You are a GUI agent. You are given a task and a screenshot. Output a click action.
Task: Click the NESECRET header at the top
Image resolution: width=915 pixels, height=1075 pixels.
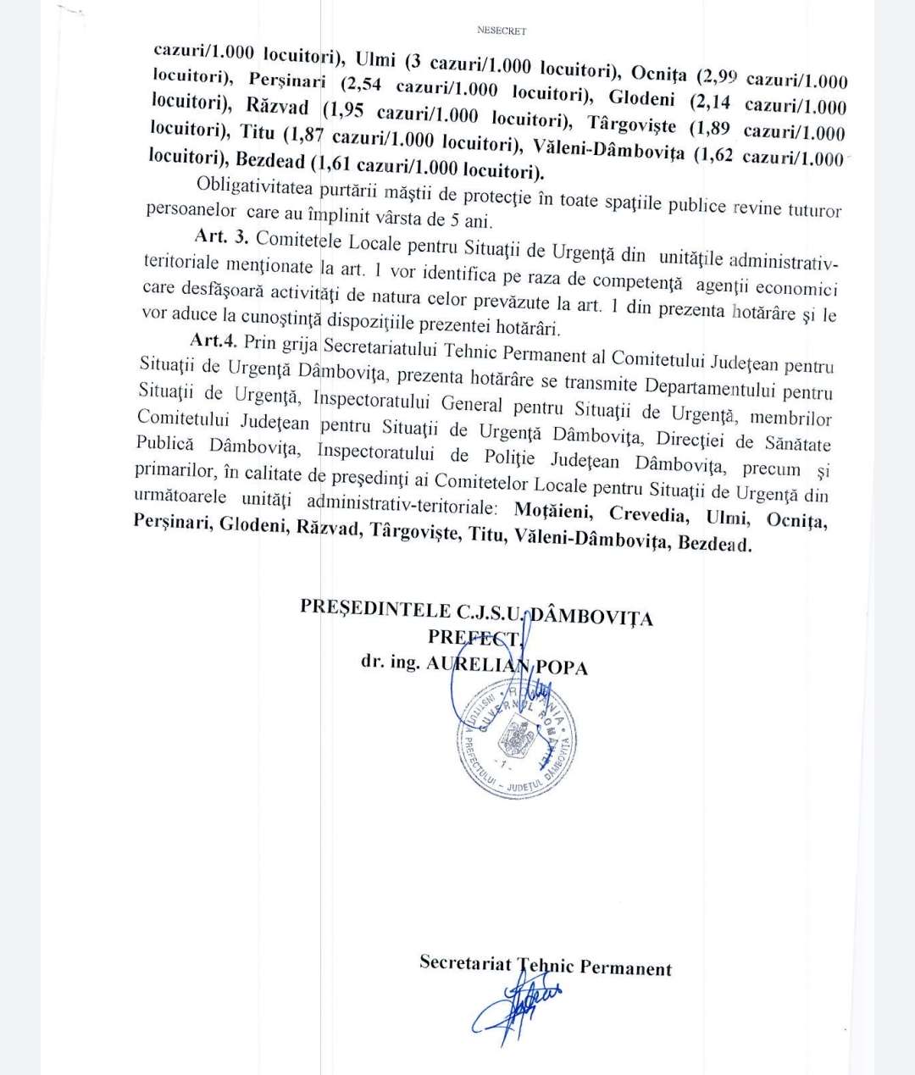point(502,30)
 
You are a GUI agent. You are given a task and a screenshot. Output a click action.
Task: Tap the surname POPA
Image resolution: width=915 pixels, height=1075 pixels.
point(558,667)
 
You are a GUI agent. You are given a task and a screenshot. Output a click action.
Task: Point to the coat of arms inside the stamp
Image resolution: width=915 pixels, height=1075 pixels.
point(514,734)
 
